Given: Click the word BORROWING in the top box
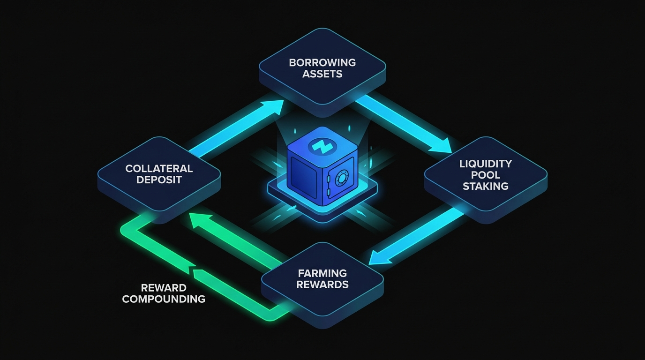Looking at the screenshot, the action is [x=322, y=62].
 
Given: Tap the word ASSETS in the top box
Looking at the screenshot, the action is [x=322, y=74].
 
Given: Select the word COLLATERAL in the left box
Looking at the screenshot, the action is [x=159, y=168].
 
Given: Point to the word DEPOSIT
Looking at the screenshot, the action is [x=159, y=180].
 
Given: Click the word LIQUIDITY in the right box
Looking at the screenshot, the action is [x=485, y=164].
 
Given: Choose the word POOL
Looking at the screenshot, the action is [x=485, y=175].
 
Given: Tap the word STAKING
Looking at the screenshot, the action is [x=485, y=186].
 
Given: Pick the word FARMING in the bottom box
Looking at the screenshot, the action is [x=322, y=273].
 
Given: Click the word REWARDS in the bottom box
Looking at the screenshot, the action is [x=322, y=285].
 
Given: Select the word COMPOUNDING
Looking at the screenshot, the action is [x=164, y=299].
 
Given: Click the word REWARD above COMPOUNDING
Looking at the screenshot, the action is [x=164, y=287].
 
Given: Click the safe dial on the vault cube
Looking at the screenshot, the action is [x=341, y=178].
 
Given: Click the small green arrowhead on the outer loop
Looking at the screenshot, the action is [x=192, y=269].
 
